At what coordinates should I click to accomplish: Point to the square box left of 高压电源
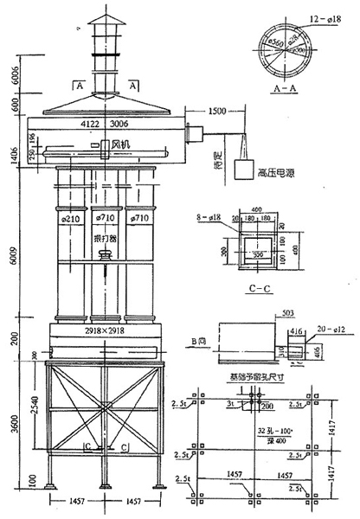243,170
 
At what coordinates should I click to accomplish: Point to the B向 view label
198,343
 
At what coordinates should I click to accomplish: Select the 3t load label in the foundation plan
229,403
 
